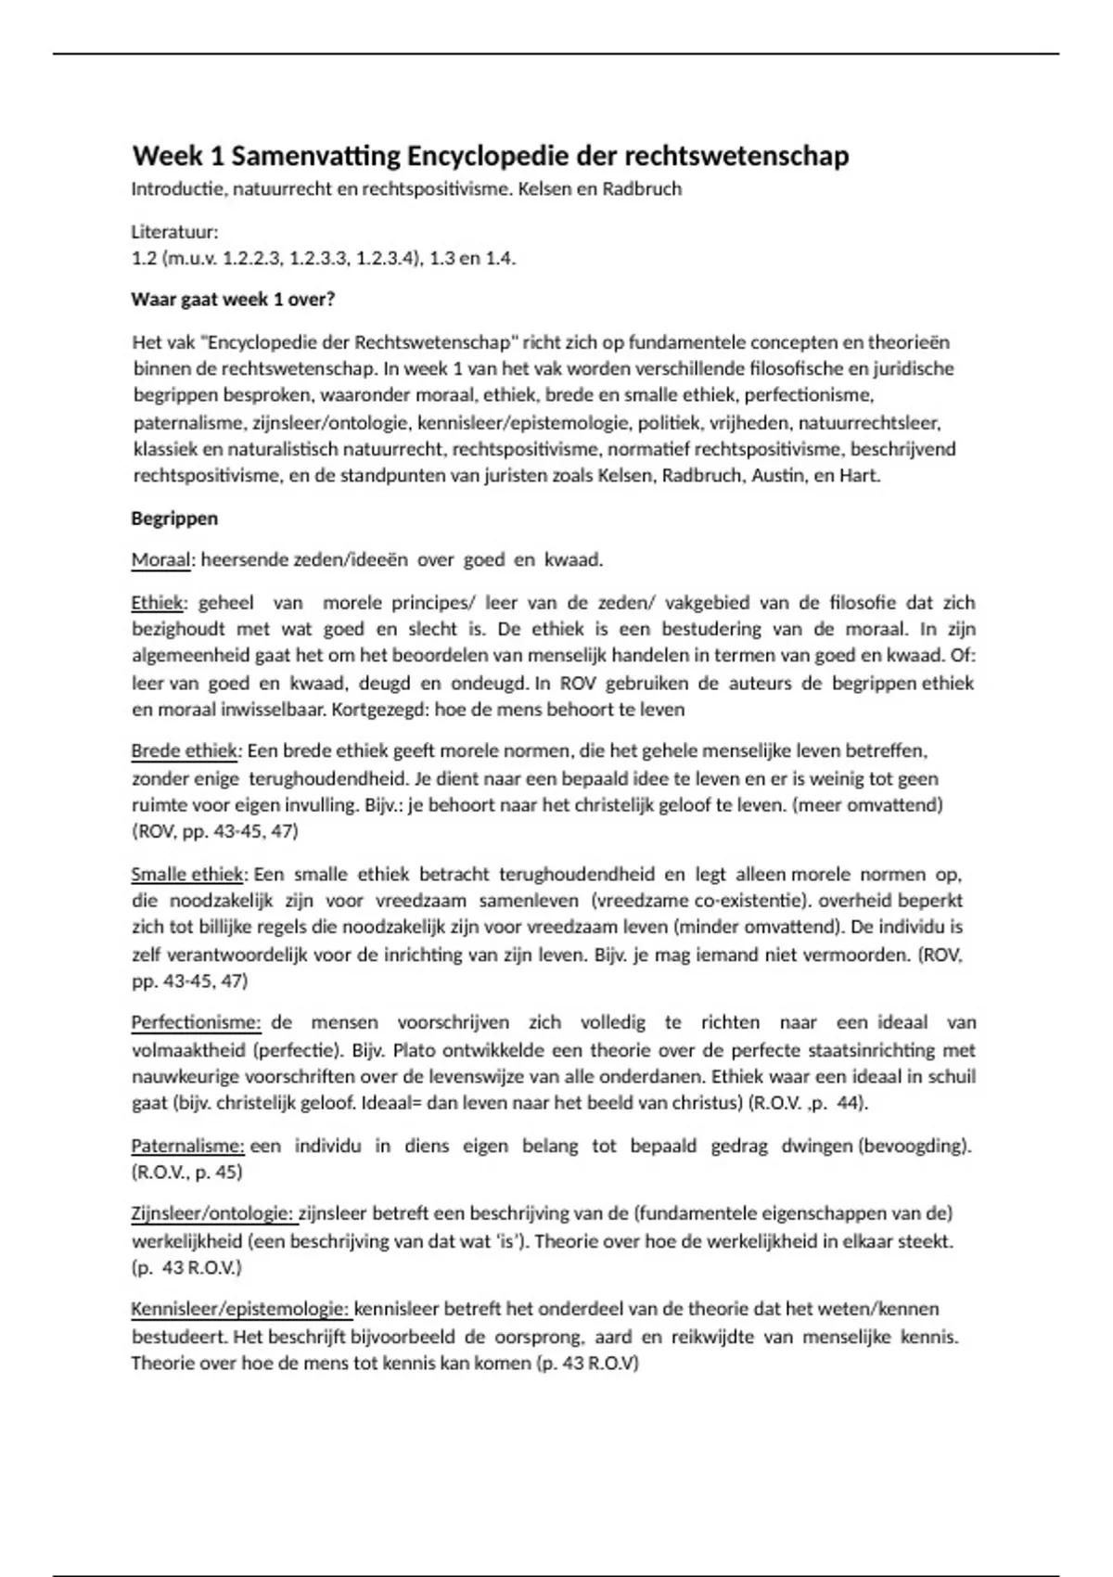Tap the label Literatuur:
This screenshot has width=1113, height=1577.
coord(174,231)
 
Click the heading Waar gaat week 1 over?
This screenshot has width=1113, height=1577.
coord(233,300)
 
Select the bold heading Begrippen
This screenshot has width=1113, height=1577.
coord(174,519)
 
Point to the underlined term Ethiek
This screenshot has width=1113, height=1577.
coord(158,603)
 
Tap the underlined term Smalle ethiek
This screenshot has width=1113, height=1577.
coord(187,874)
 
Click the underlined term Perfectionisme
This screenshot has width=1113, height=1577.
coord(196,1022)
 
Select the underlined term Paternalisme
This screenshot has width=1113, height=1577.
coord(187,1146)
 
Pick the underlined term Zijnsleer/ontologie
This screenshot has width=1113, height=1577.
coord(213,1213)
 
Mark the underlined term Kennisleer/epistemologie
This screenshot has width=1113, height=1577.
coord(241,1309)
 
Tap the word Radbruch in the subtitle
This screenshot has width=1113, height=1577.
coord(642,189)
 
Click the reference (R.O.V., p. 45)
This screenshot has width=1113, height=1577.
coord(186,1173)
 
